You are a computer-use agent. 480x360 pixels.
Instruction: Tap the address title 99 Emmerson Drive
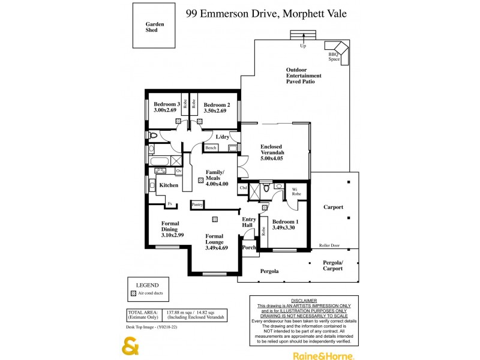266,13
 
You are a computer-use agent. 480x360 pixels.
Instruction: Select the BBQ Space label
334,57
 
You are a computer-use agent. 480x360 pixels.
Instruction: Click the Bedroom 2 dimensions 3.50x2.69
215,111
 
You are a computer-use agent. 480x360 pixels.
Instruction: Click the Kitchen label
169,185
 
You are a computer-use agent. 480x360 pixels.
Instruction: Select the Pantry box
197,205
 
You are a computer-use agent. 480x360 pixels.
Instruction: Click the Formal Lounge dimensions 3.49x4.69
215,248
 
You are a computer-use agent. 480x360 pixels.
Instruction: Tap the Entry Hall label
248,223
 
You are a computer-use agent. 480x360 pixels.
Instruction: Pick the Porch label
248,247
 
